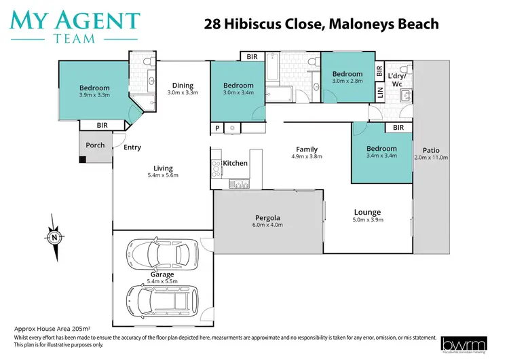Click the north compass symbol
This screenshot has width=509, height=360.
point(53,236)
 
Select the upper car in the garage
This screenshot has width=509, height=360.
point(161,255)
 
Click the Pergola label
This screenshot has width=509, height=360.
point(267,218)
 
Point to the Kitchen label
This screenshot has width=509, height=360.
point(235,163)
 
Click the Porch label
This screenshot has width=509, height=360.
point(95,145)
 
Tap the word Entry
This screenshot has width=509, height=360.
point(132,147)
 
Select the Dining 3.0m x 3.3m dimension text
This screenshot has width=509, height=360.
point(183,93)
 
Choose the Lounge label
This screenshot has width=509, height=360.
point(367,212)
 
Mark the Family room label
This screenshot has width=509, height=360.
point(307,149)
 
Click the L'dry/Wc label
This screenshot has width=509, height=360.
point(396,79)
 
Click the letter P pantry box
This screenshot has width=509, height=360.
point(218,127)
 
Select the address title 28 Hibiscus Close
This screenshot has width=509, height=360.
point(322,24)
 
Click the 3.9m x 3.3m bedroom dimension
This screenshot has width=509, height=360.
point(94,95)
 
